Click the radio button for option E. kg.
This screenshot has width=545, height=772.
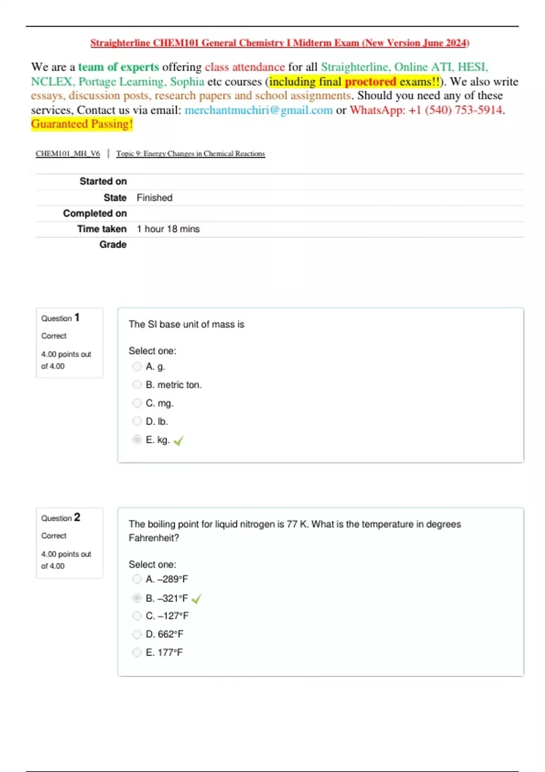pyautogui.click(x=137, y=440)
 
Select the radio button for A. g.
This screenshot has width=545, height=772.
pyautogui.click(x=137, y=366)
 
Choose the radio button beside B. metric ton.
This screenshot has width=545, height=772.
pyautogui.click(x=137, y=385)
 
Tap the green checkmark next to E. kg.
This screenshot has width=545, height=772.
pyautogui.click(x=178, y=440)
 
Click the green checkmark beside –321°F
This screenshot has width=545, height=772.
pyautogui.click(x=197, y=599)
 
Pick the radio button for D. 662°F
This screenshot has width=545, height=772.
pyautogui.click(x=137, y=634)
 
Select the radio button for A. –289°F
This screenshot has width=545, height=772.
pyautogui.click(x=137, y=579)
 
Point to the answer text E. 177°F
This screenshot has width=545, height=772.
pyautogui.click(x=164, y=653)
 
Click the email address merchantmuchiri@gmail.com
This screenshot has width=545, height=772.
pyautogui.click(x=258, y=110)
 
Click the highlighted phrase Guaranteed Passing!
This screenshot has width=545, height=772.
pyautogui.click(x=82, y=124)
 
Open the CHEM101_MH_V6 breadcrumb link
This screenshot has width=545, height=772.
pyautogui.click(x=68, y=153)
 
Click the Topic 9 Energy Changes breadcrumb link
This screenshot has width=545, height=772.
pyautogui.click(x=190, y=153)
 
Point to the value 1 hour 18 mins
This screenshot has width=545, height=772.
pyautogui.click(x=168, y=229)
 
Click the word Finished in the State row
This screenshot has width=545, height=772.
pyautogui.click(x=154, y=198)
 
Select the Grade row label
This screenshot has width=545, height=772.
pyautogui.click(x=113, y=244)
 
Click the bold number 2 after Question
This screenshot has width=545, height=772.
pyautogui.click(x=77, y=517)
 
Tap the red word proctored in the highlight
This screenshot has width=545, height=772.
pyautogui.click(x=371, y=82)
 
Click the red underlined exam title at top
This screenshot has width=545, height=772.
pyautogui.click(x=280, y=43)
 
